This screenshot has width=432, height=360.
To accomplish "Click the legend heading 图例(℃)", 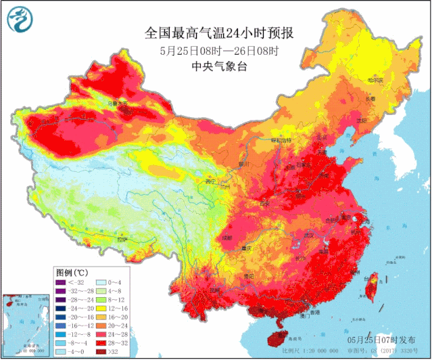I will (x=71, y=271).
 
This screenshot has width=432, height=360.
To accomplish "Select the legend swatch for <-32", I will (x=60, y=282).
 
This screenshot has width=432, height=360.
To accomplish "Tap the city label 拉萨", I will (x=121, y=239).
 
